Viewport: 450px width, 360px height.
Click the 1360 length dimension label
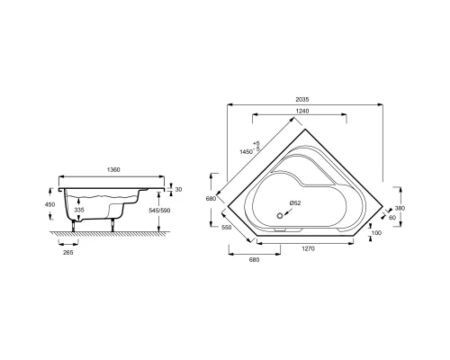[112, 169]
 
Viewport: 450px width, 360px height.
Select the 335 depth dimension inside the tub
[80, 210]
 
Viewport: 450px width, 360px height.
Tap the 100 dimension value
[376, 233]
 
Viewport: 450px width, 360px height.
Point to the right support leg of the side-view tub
[113, 223]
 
